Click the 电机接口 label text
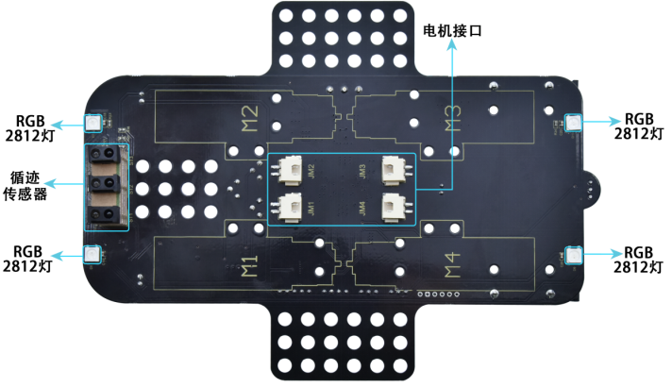click(x=452, y=30)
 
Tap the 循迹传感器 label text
click(x=25, y=186)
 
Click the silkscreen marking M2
click(x=250, y=118)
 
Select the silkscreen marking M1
click(x=249, y=266)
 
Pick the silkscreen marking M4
click(x=452, y=265)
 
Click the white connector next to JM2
click(x=290, y=170)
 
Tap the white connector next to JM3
click(x=394, y=170)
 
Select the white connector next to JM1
click(x=290, y=208)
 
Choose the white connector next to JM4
click(x=394, y=208)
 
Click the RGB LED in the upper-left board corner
click(x=93, y=123)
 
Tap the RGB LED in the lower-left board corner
click(x=92, y=254)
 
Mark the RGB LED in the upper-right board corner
click(x=573, y=123)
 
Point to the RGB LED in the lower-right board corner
click(x=573, y=255)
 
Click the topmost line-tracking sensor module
click(x=104, y=154)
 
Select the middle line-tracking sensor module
click(x=104, y=183)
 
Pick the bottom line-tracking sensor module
click(x=104, y=214)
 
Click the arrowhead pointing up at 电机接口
click(x=452, y=45)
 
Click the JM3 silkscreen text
click(x=362, y=171)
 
